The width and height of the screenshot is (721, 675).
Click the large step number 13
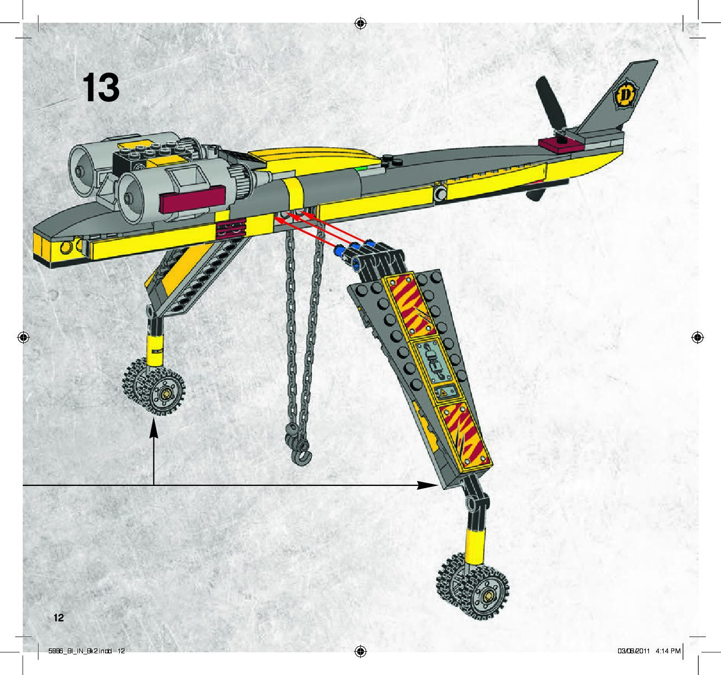[100, 88]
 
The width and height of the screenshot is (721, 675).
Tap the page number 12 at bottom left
[58, 618]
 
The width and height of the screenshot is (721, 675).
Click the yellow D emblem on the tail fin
[625, 95]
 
